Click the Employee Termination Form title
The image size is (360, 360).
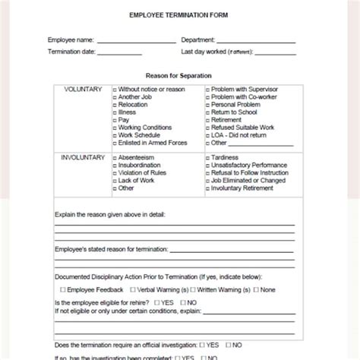tap(179, 16)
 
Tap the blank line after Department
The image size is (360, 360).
tap(258, 41)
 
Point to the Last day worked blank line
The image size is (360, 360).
tap(270, 52)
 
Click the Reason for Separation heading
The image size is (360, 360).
tap(179, 75)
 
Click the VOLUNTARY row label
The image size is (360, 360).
tap(83, 90)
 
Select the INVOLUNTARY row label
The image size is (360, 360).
tap(83, 157)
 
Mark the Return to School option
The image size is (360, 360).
tap(207, 112)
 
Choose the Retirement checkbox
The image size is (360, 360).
tap(207, 120)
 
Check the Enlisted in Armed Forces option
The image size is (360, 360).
tap(115, 142)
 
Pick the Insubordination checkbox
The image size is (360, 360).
tap(115, 165)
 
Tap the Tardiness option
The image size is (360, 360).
tap(207, 157)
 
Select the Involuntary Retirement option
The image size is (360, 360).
tap(207, 187)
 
